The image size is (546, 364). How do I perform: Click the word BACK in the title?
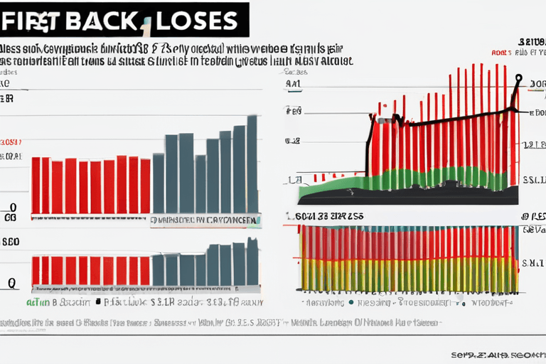(103, 20)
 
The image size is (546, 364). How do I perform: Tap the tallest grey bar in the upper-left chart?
(252, 164)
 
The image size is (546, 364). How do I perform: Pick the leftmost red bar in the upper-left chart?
(36, 186)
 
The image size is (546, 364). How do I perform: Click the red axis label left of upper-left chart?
(11, 142)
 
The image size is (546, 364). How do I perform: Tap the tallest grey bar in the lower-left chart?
(252, 262)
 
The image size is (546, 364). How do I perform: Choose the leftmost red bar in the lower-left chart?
(36, 271)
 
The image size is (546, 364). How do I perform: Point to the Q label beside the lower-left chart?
(11, 282)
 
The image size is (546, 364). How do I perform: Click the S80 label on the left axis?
(10, 241)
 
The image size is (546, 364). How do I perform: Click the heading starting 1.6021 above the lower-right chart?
(323, 215)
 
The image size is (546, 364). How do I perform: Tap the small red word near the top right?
(501, 53)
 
